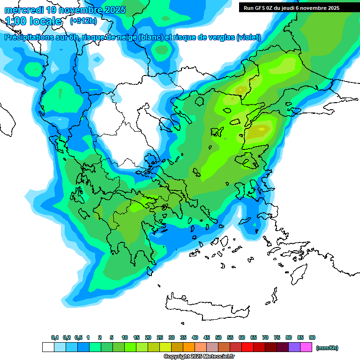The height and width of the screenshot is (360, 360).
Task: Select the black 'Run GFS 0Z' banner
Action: tap(298, 7)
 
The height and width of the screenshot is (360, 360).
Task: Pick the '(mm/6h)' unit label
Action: tap(327, 348)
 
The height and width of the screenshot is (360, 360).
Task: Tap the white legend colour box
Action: tap(48, 347)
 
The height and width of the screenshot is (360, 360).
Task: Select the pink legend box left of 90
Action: tap(306, 347)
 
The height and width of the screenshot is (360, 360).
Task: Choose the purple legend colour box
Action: tap(294, 347)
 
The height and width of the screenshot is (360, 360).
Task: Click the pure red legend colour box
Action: tap(247, 347)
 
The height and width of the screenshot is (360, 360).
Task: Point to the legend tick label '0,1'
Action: tap(55, 337)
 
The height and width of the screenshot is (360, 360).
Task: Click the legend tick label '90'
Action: tap(312, 337)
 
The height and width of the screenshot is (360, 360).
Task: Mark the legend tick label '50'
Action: tap(218, 337)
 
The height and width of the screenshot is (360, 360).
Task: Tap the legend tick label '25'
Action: tap(160, 337)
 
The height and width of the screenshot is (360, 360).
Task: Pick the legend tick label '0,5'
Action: tap(78, 337)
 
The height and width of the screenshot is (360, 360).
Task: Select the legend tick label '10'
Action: tap(125, 337)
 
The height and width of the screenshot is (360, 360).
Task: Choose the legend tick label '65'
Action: tap(254, 337)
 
